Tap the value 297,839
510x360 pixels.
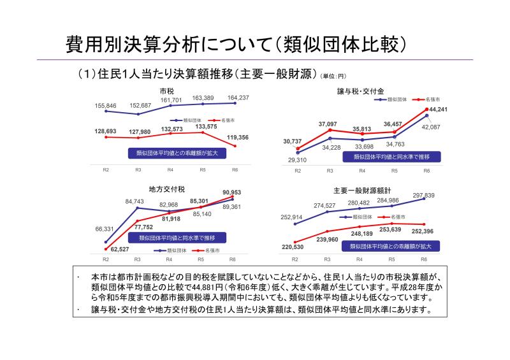[x=423, y=195]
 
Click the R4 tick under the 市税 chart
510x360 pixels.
[x=170, y=170]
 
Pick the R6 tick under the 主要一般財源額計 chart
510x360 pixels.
[x=424, y=260]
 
